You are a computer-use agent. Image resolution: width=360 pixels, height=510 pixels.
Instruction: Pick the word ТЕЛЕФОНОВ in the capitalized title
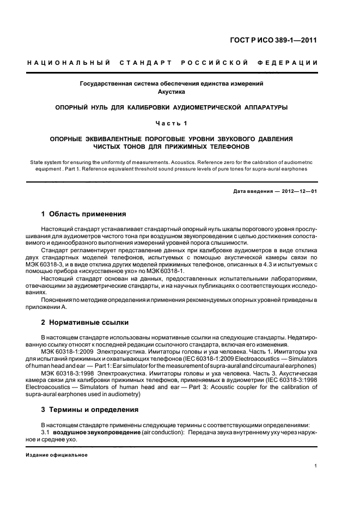coord(224,147)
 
